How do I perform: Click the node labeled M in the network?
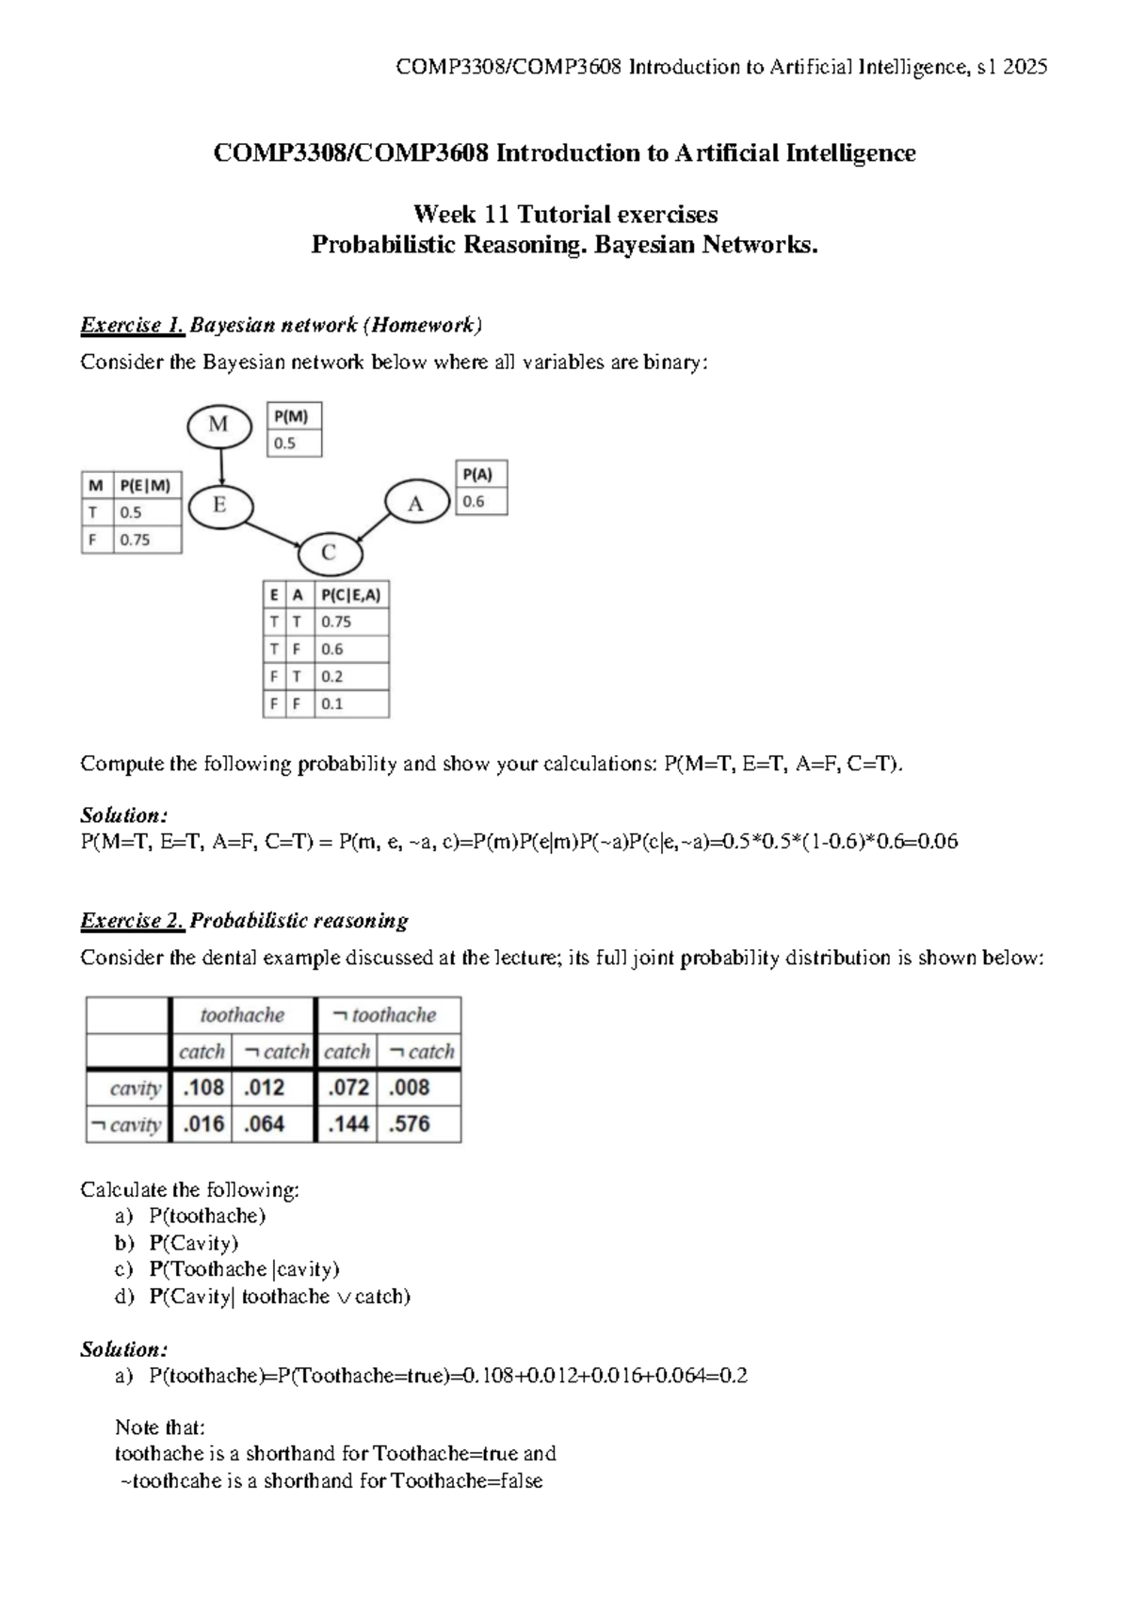coord(218,425)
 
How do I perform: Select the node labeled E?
coord(220,506)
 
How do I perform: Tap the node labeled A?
coord(416,504)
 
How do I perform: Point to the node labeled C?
coord(329,553)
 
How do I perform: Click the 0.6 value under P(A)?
coord(474,502)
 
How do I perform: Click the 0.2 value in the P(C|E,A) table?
coord(332,676)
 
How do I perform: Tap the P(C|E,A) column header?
coord(350,594)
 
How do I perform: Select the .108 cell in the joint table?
coord(203,1088)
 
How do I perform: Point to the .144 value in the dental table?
coord(347,1124)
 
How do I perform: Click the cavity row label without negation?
coord(135,1089)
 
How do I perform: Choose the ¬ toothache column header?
coord(385,1015)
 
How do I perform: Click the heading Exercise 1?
coord(132,326)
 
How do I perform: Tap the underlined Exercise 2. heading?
coord(132,921)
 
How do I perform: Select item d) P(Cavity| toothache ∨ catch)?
coord(279,1297)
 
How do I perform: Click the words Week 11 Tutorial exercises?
coord(565,215)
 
